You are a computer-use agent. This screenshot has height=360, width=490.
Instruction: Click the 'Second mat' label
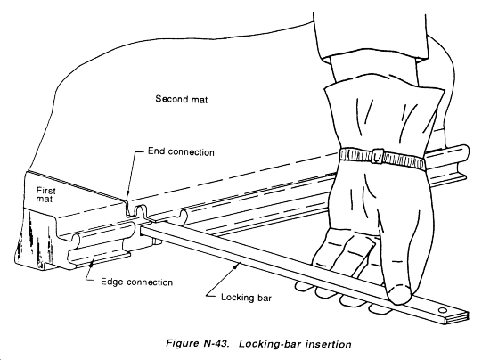click(x=181, y=99)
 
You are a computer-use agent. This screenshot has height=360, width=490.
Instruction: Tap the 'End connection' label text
click(x=181, y=151)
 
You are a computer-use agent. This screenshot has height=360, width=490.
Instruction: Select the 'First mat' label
click(x=45, y=194)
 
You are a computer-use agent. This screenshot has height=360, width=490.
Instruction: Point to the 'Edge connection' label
click(x=136, y=282)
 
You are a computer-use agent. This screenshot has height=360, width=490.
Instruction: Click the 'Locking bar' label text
click(x=246, y=297)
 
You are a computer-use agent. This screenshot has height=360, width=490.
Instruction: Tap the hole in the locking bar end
click(x=442, y=310)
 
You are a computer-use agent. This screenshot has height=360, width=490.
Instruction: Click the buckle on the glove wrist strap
click(x=378, y=156)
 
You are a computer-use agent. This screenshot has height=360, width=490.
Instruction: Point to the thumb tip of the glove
click(x=398, y=294)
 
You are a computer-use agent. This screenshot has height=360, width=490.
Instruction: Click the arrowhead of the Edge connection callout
click(x=91, y=265)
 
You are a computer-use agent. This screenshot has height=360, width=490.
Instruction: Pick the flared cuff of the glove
click(x=383, y=118)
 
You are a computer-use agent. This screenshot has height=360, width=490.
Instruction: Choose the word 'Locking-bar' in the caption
click(x=270, y=344)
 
